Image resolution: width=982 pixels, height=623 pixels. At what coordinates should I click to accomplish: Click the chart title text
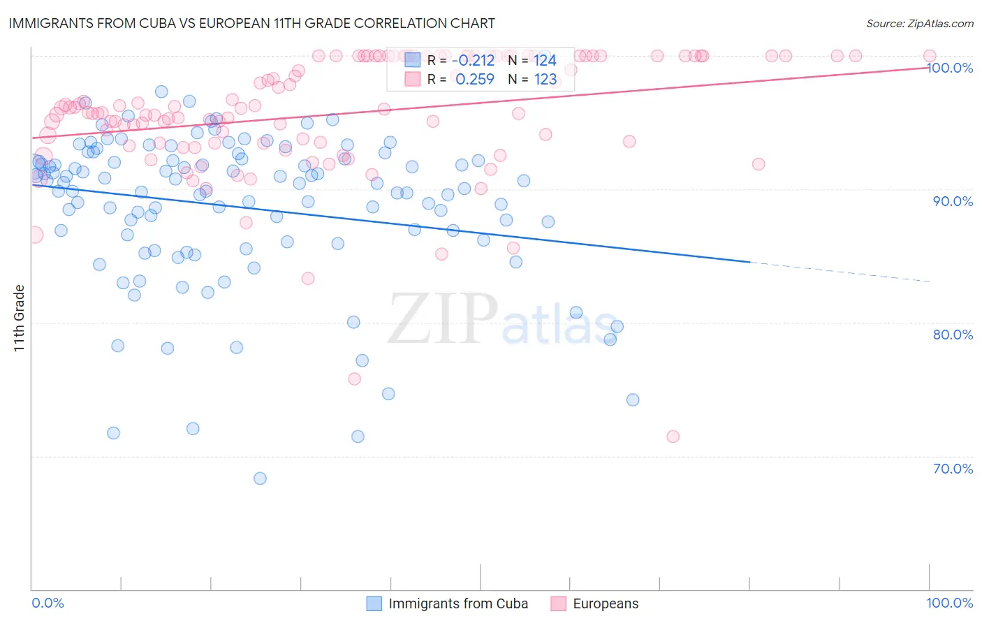tap(251, 23)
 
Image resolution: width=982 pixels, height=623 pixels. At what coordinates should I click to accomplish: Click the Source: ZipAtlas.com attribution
tap(919, 23)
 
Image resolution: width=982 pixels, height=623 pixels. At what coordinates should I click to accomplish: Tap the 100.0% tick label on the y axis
tap(950, 68)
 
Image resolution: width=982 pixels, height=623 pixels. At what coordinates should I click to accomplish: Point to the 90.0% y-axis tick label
tap(953, 201)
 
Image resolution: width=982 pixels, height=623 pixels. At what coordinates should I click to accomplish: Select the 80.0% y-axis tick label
tap(953, 335)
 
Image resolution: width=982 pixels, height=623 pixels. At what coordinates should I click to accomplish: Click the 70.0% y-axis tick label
tap(953, 469)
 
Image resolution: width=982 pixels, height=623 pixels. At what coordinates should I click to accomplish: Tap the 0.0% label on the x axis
tap(47, 603)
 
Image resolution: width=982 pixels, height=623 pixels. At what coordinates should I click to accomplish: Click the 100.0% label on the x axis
tap(949, 603)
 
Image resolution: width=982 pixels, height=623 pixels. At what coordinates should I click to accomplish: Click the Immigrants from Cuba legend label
tap(458, 603)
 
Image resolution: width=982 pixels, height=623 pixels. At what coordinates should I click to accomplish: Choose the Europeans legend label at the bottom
tap(606, 603)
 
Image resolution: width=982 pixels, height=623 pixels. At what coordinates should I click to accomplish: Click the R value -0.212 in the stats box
tap(475, 60)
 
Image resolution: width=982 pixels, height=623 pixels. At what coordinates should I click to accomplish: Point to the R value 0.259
tap(475, 79)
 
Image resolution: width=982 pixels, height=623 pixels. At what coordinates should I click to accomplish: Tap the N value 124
tap(545, 60)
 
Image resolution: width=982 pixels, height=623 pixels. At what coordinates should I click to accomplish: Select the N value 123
tap(545, 79)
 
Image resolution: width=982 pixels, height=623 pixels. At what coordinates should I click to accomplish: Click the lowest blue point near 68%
tap(260, 478)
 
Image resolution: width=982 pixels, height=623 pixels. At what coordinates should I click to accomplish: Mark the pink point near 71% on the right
tap(673, 437)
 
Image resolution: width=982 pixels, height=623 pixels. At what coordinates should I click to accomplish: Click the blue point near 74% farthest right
tap(633, 400)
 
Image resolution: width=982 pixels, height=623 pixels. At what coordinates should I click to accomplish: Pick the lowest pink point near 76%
tap(354, 379)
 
